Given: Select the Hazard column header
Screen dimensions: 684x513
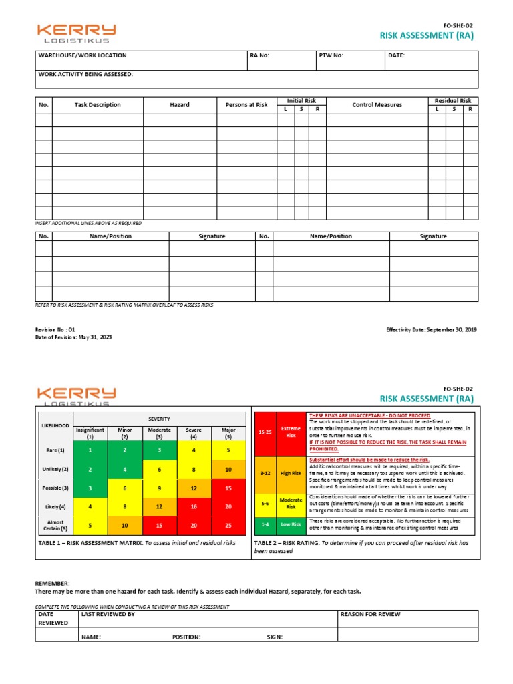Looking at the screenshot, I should (180, 105).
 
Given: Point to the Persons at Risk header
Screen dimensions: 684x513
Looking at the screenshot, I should (246, 105).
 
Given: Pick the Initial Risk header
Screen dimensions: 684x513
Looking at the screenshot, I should (301, 101).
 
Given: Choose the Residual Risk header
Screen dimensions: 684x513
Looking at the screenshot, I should (453, 101).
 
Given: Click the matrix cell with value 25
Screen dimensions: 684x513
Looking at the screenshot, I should (228, 526).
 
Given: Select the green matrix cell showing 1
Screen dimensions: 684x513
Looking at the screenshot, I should (90, 450).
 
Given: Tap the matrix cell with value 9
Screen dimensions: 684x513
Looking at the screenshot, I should (159, 488).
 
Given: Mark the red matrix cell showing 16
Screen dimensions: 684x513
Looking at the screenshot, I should (194, 507).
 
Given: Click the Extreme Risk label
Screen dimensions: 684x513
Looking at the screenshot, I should (291, 432).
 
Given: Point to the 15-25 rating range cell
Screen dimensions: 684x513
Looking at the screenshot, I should (265, 432).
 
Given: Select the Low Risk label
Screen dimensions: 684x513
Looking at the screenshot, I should (291, 525).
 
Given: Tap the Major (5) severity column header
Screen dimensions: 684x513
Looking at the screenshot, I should (228, 433).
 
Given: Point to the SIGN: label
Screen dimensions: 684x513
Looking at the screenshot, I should (275, 637).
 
